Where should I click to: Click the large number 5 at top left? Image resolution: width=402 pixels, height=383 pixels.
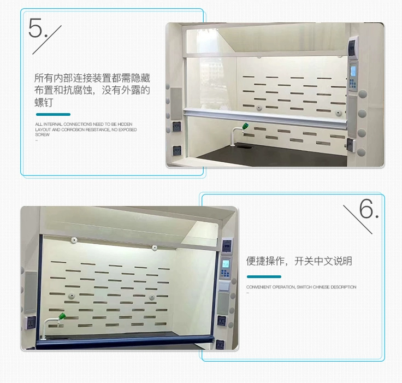pos(35,28)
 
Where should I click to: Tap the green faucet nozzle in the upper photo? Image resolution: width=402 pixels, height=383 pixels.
pos(245,126)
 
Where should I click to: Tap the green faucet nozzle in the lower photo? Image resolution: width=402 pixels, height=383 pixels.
pos(62,316)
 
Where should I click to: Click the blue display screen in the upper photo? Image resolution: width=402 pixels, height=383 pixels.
pos(353,71)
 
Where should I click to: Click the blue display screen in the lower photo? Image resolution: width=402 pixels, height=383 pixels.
pos(226,263)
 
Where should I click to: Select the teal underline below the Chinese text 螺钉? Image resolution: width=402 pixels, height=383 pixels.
pos(53,114)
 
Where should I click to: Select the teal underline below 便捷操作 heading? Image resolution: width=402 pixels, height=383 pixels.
pos(264,276)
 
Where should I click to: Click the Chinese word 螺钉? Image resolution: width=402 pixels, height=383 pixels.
pos(44,103)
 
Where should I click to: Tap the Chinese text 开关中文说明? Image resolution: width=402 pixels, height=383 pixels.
pos(323,261)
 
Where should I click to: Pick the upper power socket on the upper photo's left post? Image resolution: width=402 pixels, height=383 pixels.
pos(176,126)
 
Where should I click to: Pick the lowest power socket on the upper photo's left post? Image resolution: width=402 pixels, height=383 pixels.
pos(176,151)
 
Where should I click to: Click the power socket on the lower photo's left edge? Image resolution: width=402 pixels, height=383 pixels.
pos(31,323)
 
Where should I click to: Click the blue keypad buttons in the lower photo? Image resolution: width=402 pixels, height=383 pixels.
pos(225,274)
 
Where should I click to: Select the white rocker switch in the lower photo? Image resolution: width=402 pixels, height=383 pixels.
pos(223,286)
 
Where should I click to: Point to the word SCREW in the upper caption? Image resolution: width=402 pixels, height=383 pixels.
pos(42,135)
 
